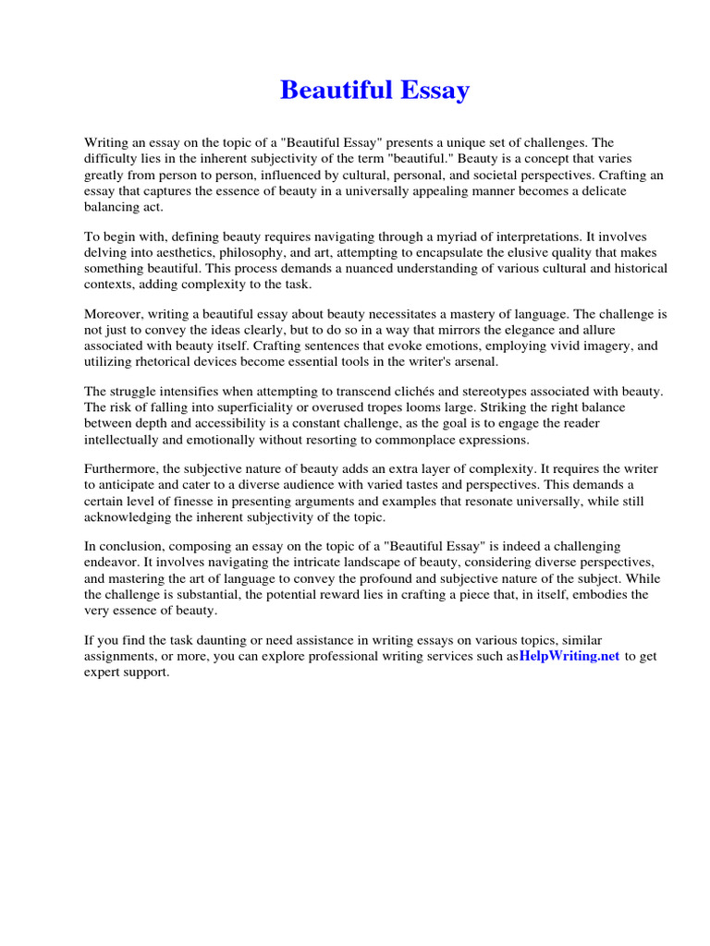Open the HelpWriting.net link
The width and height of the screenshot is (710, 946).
click(x=569, y=656)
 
